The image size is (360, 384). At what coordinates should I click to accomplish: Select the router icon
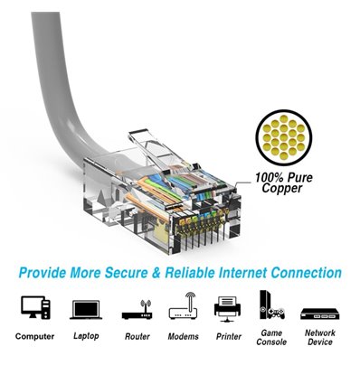click(137, 309)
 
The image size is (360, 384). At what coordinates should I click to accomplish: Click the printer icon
click(227, 308)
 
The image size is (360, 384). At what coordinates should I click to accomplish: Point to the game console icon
click(270, 306)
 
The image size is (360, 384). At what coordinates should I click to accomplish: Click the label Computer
click(35, 336)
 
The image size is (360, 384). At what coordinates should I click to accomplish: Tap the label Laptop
click(86, 336)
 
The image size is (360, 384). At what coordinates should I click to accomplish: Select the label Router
click(137, 336)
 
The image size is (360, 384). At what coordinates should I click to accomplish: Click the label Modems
click(183, 336)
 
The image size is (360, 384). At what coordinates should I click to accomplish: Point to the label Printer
click(227, 336)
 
